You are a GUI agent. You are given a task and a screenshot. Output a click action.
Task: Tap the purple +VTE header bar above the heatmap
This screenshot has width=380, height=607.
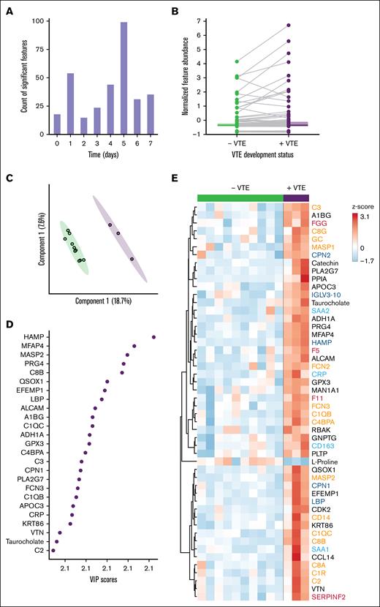tap(295, 197)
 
